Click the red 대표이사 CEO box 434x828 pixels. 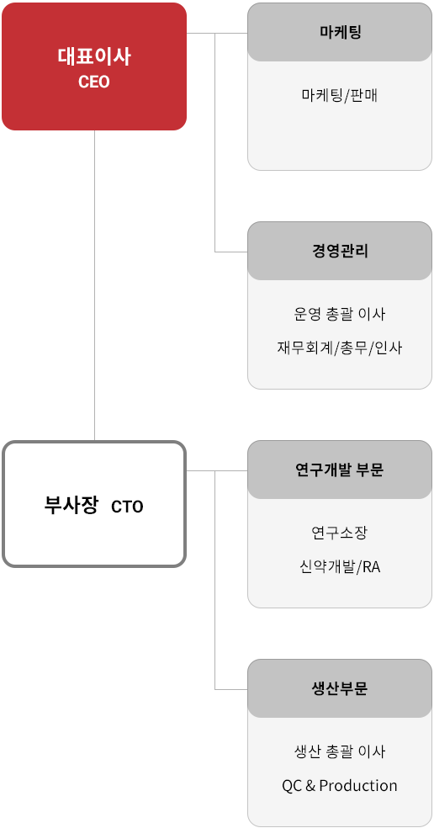coord(94,66)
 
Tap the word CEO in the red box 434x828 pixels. coord(94,82)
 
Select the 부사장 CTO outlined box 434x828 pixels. coord(94,504)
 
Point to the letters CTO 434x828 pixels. coord(127,507)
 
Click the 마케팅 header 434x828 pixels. coord(340,32)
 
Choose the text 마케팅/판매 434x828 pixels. coord(340,96)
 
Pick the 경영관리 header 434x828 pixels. coord(340,251)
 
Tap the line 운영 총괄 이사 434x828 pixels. coord(340,314)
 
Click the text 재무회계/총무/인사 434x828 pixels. coord(340,348)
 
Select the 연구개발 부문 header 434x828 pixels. coord(340,470)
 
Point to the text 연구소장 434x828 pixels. coord(340,533)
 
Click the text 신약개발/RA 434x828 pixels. coord(340,567)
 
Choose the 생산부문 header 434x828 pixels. coord(340,688)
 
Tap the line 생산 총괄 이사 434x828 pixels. coord(340,751)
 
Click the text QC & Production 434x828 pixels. coord(340,786)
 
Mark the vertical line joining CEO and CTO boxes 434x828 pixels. coord(94,286)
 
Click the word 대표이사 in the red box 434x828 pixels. coord(94,57)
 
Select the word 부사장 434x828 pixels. coord(71,506)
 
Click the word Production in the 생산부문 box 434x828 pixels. coord(358,786)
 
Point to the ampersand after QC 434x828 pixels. coord(310,786)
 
